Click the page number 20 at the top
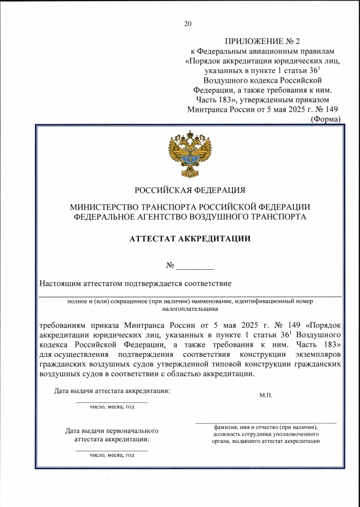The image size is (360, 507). pyautogui.click(x=188, y=24)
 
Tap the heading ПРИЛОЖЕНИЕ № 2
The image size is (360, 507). pyautogui.click(x=263, y=42)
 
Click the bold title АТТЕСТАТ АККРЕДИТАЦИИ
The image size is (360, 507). pyautogui.click(x=190, y=238)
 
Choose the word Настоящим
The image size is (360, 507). pyautogui.click(x=61, y=283)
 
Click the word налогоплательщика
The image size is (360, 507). pyautogui.click(x=190, y=308)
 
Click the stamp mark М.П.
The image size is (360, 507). pyautogui.click(x=265, y=396)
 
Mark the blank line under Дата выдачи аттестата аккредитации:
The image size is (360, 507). pyautogui.click(x=112, y=402)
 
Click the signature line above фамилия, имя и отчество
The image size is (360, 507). pyautogui.click(x=265, y=422)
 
